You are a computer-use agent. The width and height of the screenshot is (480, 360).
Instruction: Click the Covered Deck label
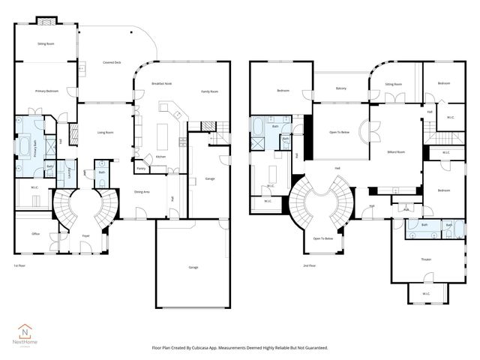point(113,63)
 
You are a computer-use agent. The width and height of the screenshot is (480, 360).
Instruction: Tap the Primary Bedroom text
point(46,91)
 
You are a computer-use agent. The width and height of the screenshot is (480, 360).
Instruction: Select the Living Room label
point(104,133)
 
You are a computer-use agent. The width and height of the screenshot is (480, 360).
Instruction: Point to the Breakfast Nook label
point(163,83)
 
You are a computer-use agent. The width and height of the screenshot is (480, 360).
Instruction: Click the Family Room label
point(209,91)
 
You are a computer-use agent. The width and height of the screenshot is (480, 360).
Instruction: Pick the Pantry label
point(141,169)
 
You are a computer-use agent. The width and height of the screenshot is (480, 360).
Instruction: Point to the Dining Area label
point(142,192)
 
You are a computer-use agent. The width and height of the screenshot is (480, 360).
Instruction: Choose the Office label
point(35,233)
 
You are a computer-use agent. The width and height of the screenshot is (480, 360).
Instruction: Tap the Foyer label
point(85,234)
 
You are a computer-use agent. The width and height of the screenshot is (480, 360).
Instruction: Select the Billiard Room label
point(396,151)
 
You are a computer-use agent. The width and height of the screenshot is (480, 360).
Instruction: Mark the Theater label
point(425,259)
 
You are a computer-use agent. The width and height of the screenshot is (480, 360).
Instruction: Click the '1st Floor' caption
point(20,266)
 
